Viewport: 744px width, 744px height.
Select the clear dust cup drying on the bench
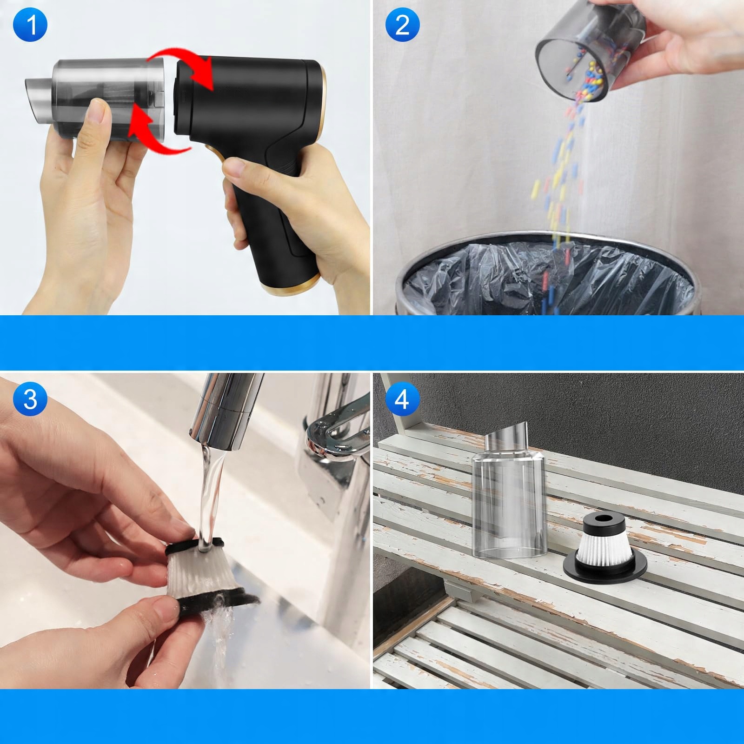[x=509, y=495]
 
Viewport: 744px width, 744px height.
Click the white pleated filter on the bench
[x=604, y=551]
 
